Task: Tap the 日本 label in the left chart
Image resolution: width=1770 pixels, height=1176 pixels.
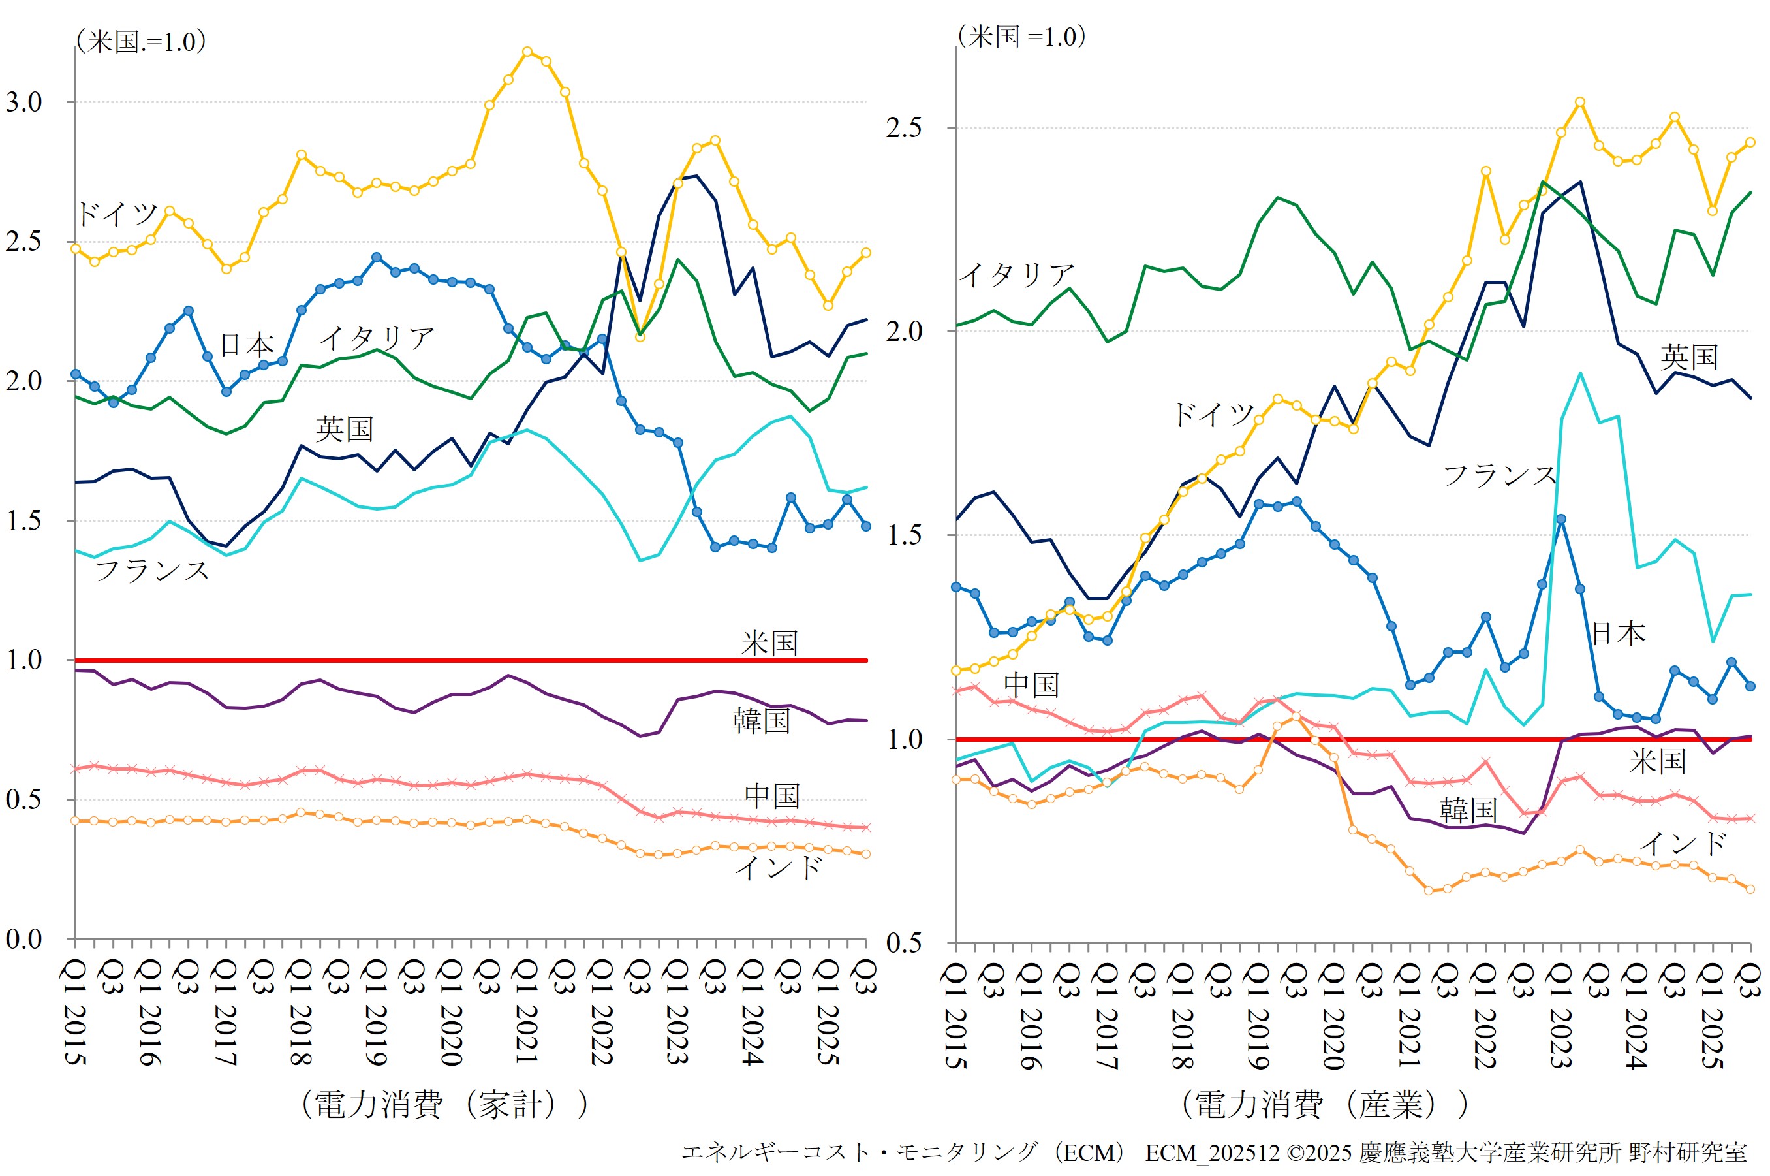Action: pyautogui.click(x=247, y=345)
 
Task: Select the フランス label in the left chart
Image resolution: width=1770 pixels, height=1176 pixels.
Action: pyautogui.click(x=151, y=571)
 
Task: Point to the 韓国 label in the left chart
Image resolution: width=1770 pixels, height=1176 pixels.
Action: pyautogui.click(x=762, y=721)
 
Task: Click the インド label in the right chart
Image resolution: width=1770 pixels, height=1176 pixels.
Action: pyautogui.click(x=1683, y=844)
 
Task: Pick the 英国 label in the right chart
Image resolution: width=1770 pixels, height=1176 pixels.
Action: pyautogui.click(x=1688, y=357)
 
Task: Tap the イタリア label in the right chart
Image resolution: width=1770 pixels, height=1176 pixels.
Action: pyautogui.click(x=1017, y=276)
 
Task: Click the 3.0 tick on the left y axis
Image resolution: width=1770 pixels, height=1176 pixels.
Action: pyautogui.click(x=24, y=102)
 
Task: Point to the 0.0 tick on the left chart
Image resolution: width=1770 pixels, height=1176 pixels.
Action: pyautogui.click(x=24, y=939)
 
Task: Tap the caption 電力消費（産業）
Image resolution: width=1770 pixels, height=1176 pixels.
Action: pyautogui.click(x=1325, y=1105)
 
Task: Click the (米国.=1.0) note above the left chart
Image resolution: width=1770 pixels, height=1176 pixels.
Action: pyautogui.click(x=141, y=41)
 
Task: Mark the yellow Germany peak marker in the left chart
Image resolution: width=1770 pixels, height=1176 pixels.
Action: pyautogui.click(x=527, y=52)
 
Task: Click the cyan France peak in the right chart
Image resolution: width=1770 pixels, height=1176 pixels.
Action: pyautogui.click(x=1580, y=373)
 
